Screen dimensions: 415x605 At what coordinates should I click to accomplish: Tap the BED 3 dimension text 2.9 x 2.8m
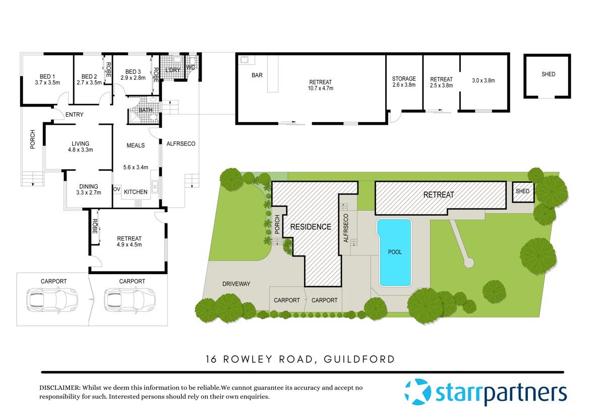pyautogui.click(x=133, y=78)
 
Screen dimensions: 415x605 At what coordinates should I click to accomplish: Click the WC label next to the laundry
pyautogui.click(x=191, y=67)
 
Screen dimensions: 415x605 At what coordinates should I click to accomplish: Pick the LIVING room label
pyautogui.click(x=80, y=143)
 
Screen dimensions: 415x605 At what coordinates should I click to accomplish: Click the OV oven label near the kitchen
pyautogui.click(x=116, y=190)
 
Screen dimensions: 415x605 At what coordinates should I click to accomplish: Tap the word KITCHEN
pyautogui.click(x=136, y=192)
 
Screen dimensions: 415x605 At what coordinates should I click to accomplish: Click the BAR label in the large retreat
pyautogui.click(x=257, y=75)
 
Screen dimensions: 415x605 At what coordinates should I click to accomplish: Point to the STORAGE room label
pyautogui.click(x=404, y=79)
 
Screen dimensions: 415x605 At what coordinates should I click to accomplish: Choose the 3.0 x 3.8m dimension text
pyautogui.click(x=483, y=80)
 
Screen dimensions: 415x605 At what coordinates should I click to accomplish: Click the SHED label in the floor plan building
pyautogui.click(x=548, y=74)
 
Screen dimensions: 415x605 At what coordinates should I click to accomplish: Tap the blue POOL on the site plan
pyautogui.click(x=395, y=252)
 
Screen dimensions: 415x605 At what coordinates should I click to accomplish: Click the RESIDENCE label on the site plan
pyautogui.click(x=311, y=227)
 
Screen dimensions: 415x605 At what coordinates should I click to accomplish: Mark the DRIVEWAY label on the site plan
pyautogui.click(x=236, y=284)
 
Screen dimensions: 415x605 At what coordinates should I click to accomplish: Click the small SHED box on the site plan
pyautogui.click(x=523, y=192)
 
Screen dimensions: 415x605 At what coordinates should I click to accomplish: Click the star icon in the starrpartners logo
pyautogui.click(x=418, y=392)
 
